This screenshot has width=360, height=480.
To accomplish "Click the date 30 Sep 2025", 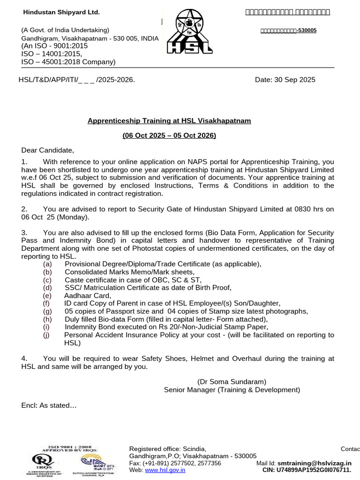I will click(x=285, y=80).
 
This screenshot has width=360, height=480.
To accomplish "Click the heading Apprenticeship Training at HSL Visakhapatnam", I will click(x=169, y=121).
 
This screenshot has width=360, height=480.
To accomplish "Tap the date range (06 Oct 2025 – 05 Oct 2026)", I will click(x=169, y=135).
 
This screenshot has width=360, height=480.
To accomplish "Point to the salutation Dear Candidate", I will click(x=48, y=150).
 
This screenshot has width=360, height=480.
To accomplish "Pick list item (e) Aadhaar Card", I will click(x=88, y=296).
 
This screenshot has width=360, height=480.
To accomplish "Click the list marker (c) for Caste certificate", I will click(x=47, y=280).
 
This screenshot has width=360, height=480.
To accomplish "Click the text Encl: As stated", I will click(x=49, y=405).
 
